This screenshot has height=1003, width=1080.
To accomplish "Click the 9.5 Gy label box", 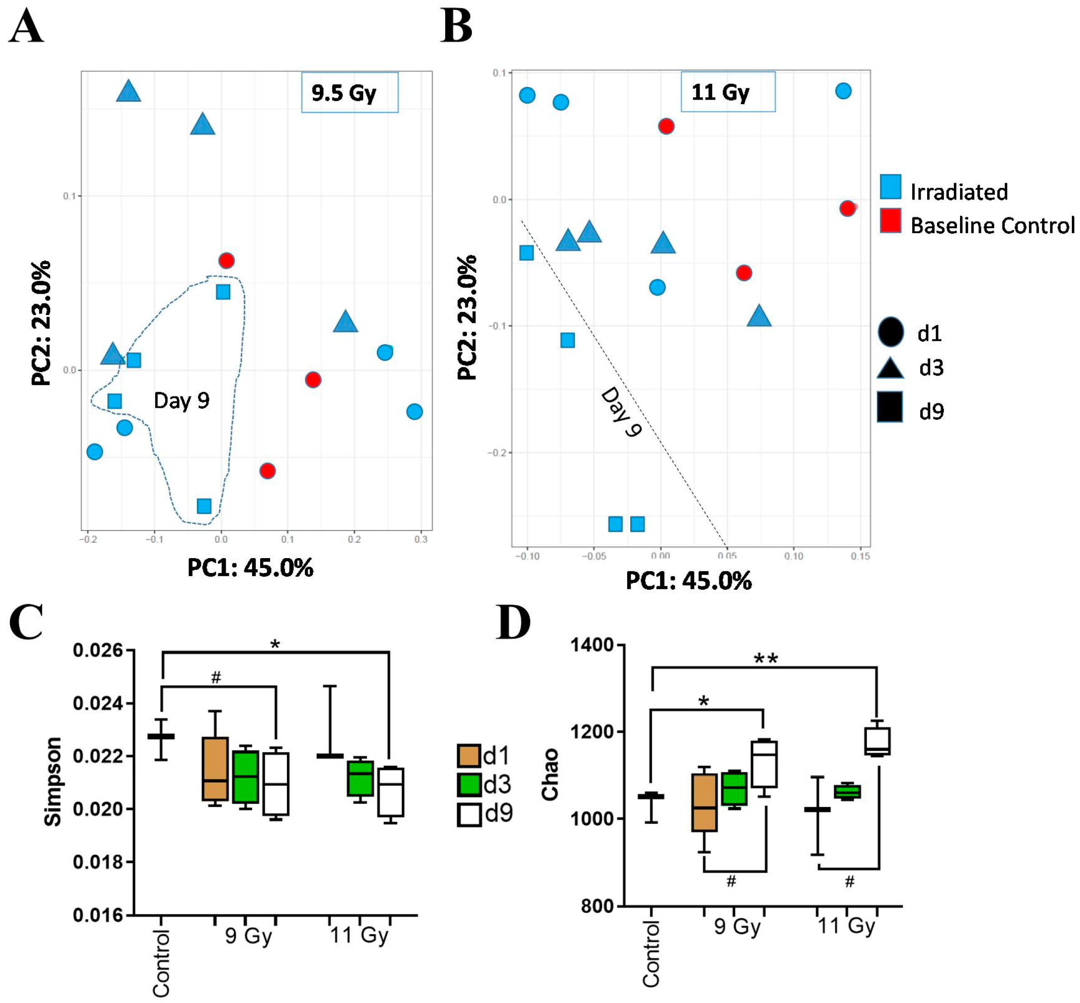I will [349, 92].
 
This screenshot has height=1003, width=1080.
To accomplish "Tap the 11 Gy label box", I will [728, 92].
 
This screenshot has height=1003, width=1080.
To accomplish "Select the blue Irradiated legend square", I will [890, 187].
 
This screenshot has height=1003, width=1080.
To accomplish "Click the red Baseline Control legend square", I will [890, 220].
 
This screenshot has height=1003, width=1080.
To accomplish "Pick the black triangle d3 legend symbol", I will [890, 368].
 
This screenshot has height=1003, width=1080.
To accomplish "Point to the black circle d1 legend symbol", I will [890, 332].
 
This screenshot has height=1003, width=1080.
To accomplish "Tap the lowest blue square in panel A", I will [204, 506].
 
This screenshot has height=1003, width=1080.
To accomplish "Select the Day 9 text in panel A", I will [181, 401].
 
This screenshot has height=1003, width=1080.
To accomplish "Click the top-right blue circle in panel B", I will [843, 91].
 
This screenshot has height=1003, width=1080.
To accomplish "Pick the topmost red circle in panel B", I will [666, 126].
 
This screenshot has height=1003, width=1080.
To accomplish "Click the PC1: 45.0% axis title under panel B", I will [688, 581].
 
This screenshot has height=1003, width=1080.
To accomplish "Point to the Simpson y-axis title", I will [52, 782].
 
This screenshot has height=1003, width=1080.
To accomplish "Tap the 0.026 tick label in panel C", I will [98, 650].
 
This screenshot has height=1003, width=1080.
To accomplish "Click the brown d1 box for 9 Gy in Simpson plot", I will [215, 769].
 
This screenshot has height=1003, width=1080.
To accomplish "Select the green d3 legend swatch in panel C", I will [469, 784].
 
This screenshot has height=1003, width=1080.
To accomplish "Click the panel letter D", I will [513, 623].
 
